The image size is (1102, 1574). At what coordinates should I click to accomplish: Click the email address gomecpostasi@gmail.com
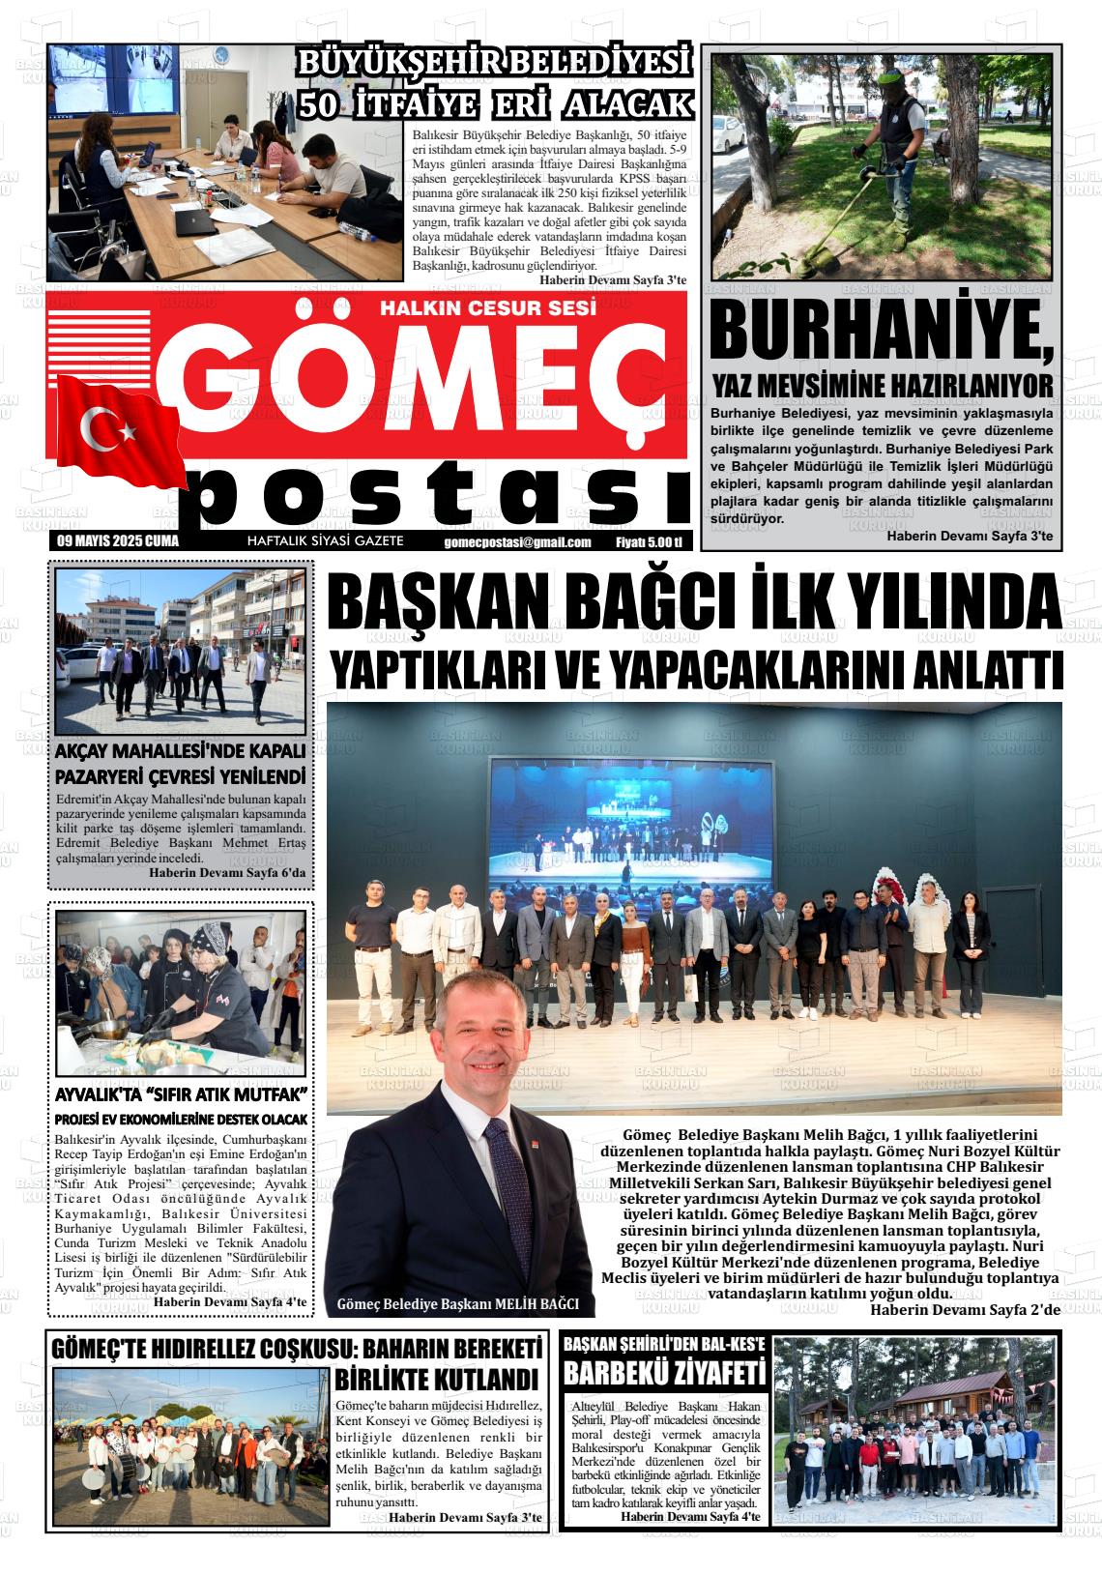tap(517, 542)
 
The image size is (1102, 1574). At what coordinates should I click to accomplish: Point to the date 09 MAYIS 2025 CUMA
tap(118, 541)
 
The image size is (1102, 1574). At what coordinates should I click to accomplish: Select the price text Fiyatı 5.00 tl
tap(649, 542)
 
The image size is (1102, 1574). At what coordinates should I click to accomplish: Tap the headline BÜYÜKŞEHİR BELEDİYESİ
tap(495, 66)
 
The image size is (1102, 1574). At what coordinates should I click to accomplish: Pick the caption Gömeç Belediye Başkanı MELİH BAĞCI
tap(457, 1304)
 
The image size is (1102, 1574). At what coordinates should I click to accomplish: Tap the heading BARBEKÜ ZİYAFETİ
tap(665, 1373)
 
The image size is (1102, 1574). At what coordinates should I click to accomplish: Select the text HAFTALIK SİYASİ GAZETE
tap(326, 541)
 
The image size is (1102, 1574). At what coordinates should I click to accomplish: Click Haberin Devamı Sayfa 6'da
tap(227, 873)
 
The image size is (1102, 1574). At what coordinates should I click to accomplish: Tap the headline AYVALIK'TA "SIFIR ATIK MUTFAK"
tap(181, 1095)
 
